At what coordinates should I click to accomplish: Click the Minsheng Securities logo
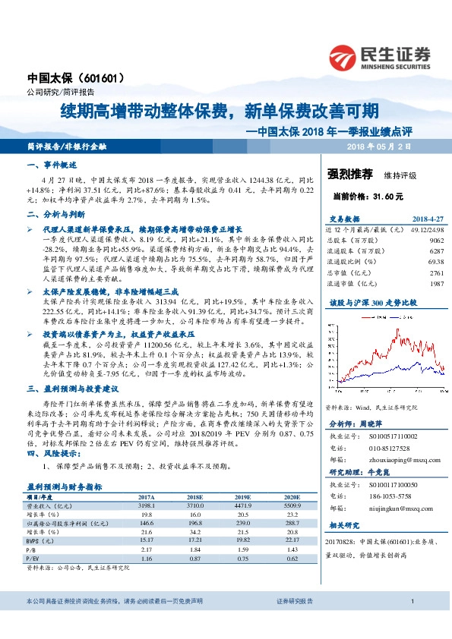coord(379,55)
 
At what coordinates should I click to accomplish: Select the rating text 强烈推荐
coord(349,174)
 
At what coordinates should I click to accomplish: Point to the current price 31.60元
coord(358,196)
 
